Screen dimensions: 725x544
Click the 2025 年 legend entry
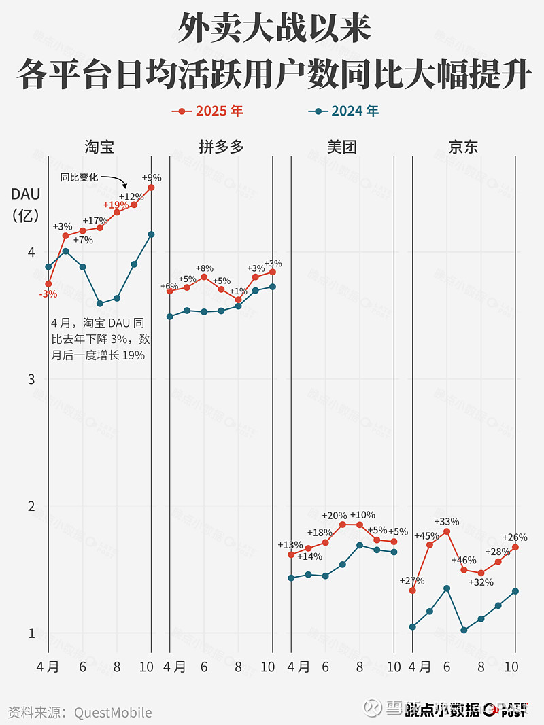pyautogui.click(x=207, y=111)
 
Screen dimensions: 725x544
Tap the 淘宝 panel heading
pyautogui.click(x=99, y=146)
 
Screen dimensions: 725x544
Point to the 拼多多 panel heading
pyautogui.click(x=221, y=146)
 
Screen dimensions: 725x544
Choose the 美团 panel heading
pyautogui.click(x=341, y=146)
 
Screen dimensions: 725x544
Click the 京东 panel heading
pyautogui.click(x=463, y=146)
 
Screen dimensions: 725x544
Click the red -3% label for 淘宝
pyautogui.click(x=48, y=294)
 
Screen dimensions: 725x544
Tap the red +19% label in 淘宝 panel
pyautogui.click(x=116, y=205)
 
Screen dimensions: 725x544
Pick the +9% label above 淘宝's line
pyautogui.click(x=151, y=178)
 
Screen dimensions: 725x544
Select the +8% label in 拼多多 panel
pyautogui.click(x=204, y=268)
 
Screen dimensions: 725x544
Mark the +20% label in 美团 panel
pyautogui.click(x=334, y=516)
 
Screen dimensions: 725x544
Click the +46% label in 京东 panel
pyautogui.click(x=463, y=561)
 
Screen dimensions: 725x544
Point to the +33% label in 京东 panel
pyautogui.click(x=446, y=522)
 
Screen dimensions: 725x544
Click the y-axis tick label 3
pyautogui.click(x=31, y=379)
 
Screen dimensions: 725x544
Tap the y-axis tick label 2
pyautogui.click(x=31, y=506)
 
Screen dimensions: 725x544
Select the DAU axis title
pyautogui.click(x=25, y=194)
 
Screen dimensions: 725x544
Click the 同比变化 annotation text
pyautogui.click(x=79, y=177)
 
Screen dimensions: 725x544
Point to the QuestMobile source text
pyautogui.click(x=113, y=712)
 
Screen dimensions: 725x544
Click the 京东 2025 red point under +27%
pyautogui.click(x=412, y=590)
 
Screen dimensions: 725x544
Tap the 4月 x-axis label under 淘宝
pyautogui.click(x=48, y=667)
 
